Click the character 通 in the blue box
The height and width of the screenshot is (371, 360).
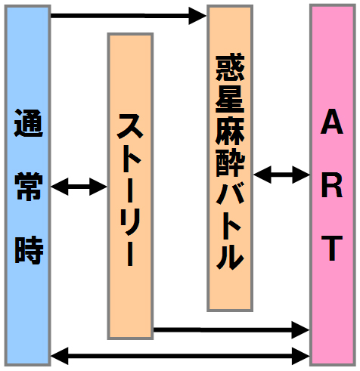coord(28,123)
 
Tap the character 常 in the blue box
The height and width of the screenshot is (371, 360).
coord(28,187)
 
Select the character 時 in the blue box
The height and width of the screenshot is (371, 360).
coord(29,250)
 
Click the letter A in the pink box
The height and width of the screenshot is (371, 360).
coord(332,122)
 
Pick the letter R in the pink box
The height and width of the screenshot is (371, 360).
coord(332,186)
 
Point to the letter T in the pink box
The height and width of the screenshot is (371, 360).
coord(332,249)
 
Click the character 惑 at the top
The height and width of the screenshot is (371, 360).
coord(230,66)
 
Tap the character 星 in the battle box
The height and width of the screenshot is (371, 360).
coord(230,98)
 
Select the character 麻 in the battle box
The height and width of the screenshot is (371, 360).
coord(230,130)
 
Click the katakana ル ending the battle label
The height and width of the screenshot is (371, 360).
coord(230,256)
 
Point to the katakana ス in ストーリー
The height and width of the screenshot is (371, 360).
coord(130,126)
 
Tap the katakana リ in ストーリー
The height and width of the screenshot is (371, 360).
coord(130,221)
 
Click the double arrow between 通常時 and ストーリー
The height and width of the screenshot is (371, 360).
coord(79,187)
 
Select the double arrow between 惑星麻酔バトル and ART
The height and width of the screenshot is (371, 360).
coord(281,175)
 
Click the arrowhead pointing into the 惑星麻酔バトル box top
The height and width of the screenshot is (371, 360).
coord(197,16)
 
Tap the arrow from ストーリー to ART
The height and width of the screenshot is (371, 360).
coord(231,329)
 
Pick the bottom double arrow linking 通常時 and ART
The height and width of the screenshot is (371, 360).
coord(180,356)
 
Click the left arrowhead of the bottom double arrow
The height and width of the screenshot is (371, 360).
coord(60,356)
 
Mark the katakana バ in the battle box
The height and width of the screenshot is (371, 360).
coord(230,193)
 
